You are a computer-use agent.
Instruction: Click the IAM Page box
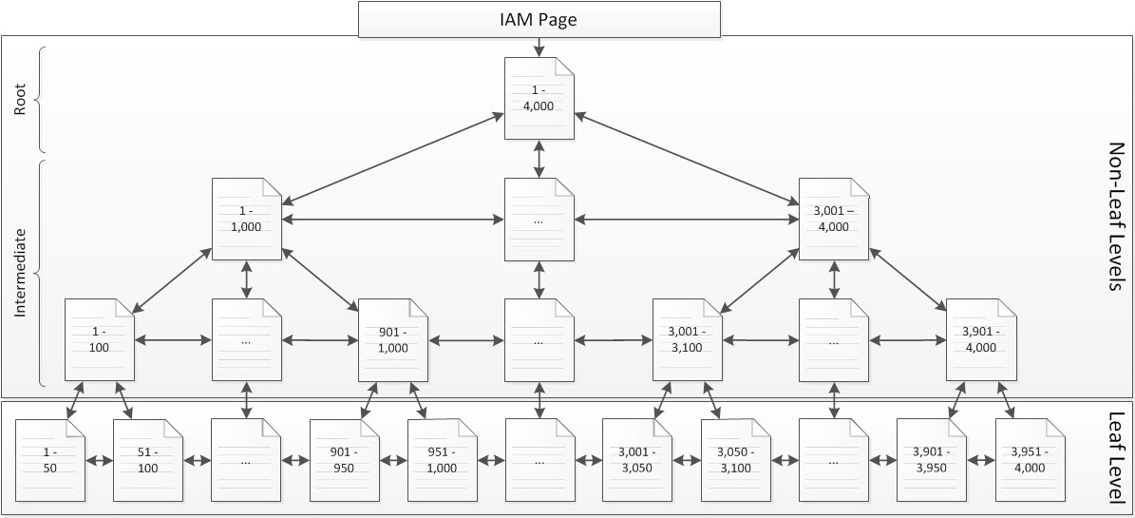click(x=539, y=19)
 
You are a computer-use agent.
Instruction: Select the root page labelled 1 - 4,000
click(x=539, y=99)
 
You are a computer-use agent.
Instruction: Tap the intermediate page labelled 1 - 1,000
click(x=247, y=220)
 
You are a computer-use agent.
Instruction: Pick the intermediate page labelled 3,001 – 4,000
click(x=834, y=220)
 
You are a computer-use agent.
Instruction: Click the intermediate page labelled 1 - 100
click(x=100, y=339)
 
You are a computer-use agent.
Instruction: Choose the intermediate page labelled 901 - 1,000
click(x=393, y=339)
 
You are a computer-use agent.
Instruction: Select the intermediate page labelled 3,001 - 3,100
click(x=687, y=339)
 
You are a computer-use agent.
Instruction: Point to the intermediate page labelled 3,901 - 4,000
click(x=980, y=339)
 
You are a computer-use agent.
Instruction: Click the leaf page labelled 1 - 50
click(x=50, y=460)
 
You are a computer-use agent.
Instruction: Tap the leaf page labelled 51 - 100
click(x=148, y=460)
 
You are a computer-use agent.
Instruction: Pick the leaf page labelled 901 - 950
click(x=344, y=460)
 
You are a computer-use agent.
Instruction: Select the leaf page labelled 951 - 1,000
click(x=442, y=460)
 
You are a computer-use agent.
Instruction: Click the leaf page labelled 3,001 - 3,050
click(x=637, y=460)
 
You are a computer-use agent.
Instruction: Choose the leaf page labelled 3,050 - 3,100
click(x=735, y=460)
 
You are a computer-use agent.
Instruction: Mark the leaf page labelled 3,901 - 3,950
click(x=931, y=460)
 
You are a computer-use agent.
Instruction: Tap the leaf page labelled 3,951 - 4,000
click(x=1029, y=460)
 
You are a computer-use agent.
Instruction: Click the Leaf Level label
click(x=1118, y=458)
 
